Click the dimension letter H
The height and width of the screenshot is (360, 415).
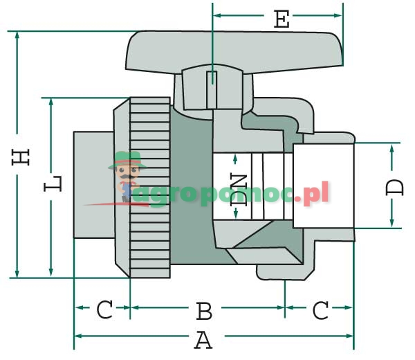click(24, 156)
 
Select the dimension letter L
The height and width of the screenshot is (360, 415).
click(55, 184)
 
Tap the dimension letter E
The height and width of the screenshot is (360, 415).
click(281, 20)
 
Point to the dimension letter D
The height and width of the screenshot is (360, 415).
click(395, 187)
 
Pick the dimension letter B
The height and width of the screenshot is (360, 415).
click(203, 312)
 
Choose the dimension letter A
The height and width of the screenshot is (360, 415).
click(203, 341)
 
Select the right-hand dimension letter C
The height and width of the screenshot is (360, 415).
click(320, 311)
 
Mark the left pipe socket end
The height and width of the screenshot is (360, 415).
click(93, 186)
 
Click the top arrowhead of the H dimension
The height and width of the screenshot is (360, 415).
click(17, 35)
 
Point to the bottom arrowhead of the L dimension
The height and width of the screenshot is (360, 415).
click(50, 273)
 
